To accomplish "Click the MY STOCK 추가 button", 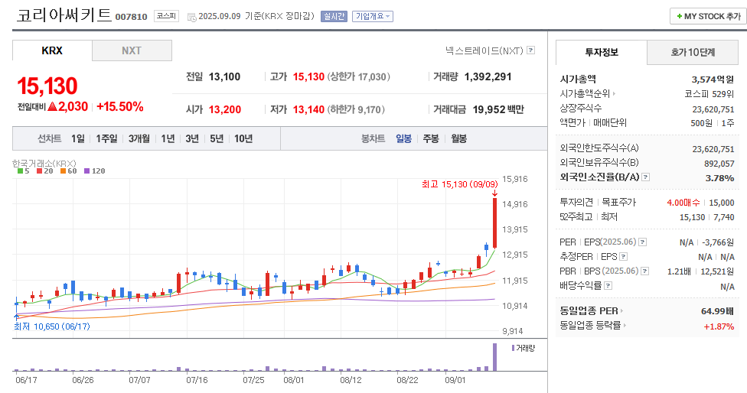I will pos(708,16).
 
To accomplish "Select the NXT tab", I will pos(132,50).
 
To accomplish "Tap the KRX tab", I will pos(52,50).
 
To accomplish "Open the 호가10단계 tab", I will pos(693,52).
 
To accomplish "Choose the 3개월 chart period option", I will pos(139,138).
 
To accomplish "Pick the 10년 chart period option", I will pos(243,138).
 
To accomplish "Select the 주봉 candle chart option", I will pos(431,138).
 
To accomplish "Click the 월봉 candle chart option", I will pos(459,138).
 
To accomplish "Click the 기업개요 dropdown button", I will pos(372,16).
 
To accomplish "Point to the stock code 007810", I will pos(131,17).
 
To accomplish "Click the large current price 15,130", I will pos(47,86).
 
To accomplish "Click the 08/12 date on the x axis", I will pos(351,379).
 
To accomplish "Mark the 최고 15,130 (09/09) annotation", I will pos(459,184).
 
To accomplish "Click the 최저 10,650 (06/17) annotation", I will pos(52,326).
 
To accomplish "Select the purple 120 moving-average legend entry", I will pos(94,171).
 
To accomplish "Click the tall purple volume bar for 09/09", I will pos(494,358).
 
